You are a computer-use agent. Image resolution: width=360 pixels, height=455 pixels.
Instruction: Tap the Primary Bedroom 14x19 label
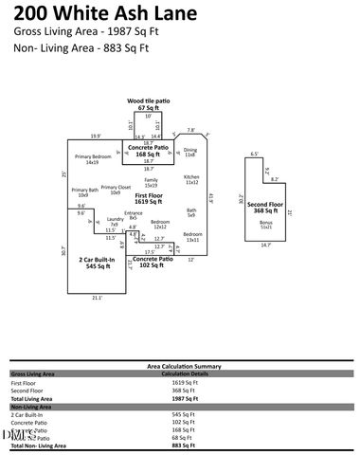93,159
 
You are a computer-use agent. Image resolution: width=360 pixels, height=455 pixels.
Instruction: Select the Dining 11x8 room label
190,152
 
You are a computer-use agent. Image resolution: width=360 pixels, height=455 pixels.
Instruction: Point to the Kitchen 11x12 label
191,179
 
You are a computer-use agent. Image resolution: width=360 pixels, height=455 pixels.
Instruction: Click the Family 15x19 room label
151,182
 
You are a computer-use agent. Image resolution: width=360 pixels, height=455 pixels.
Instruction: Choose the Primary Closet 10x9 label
116,190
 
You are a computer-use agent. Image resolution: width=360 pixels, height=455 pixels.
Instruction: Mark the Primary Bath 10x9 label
84,192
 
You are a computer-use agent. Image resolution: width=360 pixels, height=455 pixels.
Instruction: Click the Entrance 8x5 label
134,215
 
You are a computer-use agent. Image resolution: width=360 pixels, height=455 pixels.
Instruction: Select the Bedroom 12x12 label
160,224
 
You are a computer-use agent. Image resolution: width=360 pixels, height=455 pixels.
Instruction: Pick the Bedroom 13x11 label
192,236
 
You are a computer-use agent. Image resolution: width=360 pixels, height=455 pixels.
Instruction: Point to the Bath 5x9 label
191,212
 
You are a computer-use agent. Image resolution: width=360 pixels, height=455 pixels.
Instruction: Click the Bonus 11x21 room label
265,224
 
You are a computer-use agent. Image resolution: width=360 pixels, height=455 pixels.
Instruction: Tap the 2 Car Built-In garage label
97,263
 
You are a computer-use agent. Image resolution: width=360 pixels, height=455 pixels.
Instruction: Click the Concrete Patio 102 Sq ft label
153,262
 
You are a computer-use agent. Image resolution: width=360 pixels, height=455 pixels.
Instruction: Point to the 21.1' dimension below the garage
96,298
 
